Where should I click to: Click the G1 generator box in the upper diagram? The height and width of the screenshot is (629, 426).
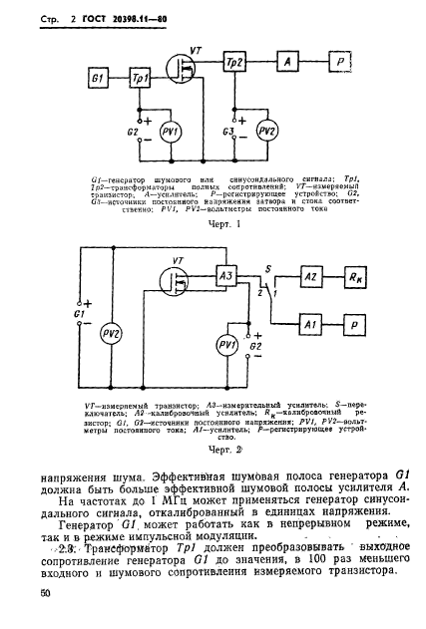(97, 77)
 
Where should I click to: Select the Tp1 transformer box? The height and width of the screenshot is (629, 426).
(141, 77)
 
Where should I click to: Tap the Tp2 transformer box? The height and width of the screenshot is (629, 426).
(236, 63)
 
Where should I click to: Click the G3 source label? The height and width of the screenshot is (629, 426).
(228, 131)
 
